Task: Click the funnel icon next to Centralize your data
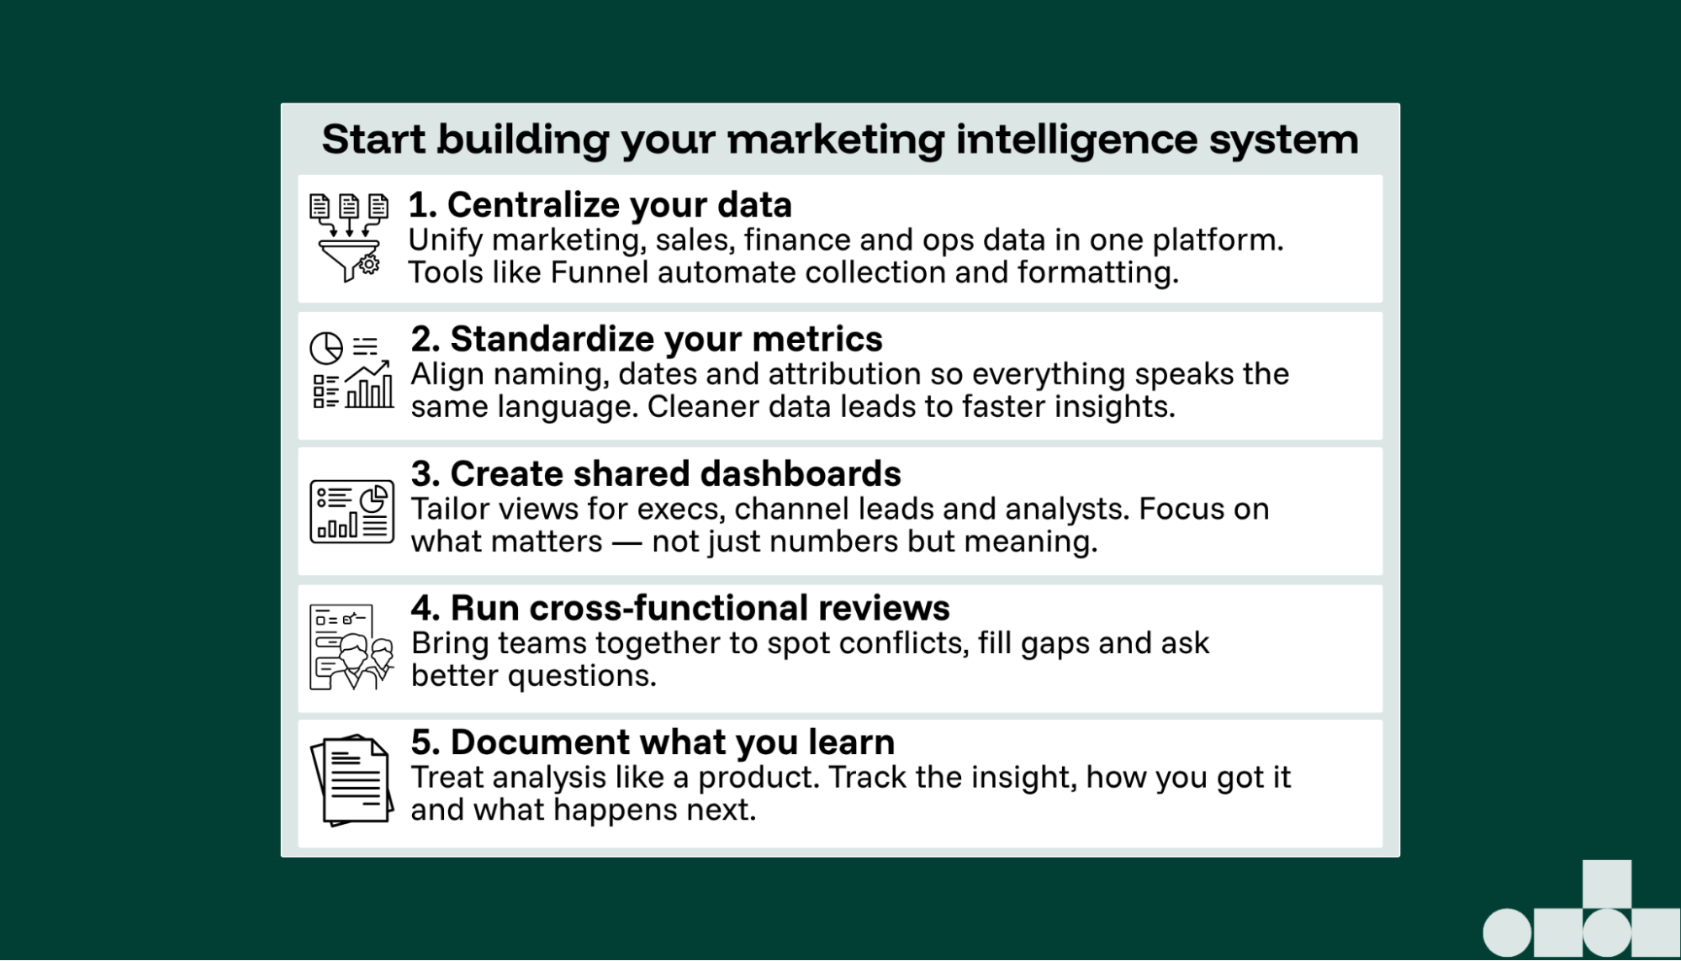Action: click(x=348, y=239)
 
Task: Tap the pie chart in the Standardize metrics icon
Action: click(x=326, y=347)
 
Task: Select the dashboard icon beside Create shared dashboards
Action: click(x=352, y=511)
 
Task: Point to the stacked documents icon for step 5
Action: click(x=352, y=779)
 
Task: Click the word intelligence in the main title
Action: click(x=1076, y=140)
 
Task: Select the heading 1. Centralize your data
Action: click(x=600, y=205)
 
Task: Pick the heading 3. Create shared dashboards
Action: click(x=655, y=474)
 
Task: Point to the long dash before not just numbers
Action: click(x=626, y=542)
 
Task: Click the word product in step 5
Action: click(x=757, y=777)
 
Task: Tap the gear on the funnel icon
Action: click(x=369, y=265)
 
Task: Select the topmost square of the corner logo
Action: click(x=1606, y=884)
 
